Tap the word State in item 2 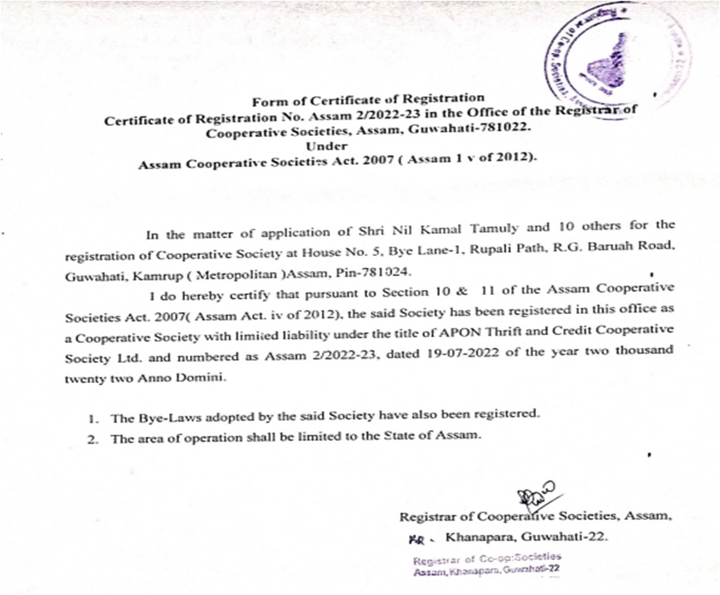pyautogui.click(x=403, y=438)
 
